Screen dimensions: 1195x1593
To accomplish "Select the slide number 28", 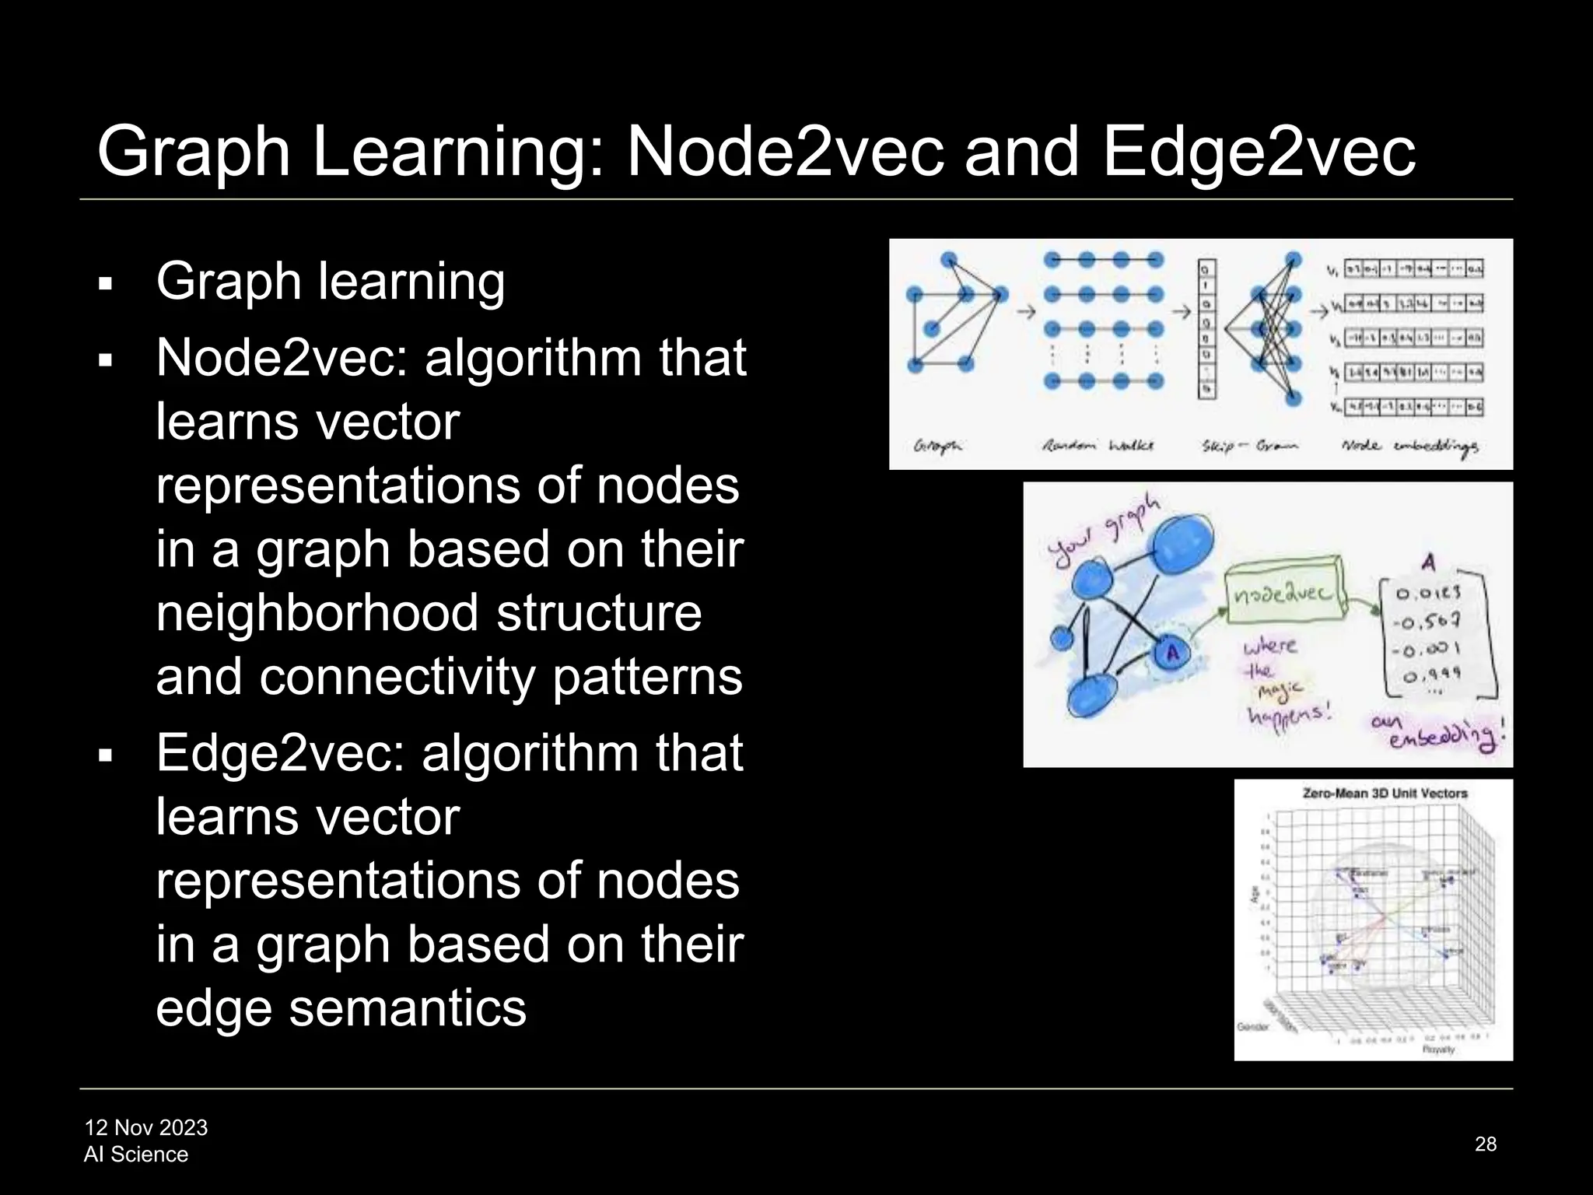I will (x=1486, y=1144).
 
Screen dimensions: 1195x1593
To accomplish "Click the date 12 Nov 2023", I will (x=146, y=1127).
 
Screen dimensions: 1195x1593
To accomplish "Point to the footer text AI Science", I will (x=136, y=1155).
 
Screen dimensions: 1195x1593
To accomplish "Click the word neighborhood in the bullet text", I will (x=317, y=613).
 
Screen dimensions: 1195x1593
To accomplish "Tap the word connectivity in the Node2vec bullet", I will (x=397, y=677).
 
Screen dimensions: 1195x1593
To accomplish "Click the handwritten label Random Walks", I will (x=1098, y=446).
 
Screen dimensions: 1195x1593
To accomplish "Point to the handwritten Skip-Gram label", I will (x=1248, y=447).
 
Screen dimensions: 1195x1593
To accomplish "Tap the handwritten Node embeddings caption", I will (x=1409, y=447).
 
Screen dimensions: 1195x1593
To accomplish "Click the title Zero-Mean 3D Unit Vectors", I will (x=1385, y=794).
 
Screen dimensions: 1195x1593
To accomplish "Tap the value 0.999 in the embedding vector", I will (x=1432, y=675).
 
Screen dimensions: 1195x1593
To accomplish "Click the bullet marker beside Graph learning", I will (x=107, y=283).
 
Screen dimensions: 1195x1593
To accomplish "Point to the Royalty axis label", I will (x=1438, y=1050).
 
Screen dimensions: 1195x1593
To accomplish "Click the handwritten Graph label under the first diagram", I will (x=937, y=446).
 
